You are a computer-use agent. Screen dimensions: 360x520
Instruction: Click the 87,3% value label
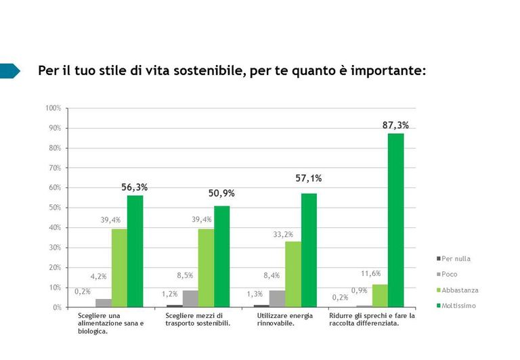[x=395, y=125]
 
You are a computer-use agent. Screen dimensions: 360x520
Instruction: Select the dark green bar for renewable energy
[x=309, y=250]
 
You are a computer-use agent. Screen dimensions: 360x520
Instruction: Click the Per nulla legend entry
[x=455, y=258]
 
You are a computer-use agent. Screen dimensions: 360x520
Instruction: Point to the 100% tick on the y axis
[x=53, y=108]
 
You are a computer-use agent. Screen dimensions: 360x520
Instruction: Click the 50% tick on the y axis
[x=55, y=208]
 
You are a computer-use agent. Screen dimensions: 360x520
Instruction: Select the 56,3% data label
[x=135, y=187]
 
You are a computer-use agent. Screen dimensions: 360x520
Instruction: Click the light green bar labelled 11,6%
[x=380, y=296]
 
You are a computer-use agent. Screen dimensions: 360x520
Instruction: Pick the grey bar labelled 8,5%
[x=190, y=298]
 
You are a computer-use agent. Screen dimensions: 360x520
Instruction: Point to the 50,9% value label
[x=221, y=194]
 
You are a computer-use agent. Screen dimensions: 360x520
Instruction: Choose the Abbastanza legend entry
[x=459, y=290]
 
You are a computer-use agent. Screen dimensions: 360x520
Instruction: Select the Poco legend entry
[x=450, y=275]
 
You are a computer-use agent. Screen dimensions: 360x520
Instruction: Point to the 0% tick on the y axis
[x=56, y=307]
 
